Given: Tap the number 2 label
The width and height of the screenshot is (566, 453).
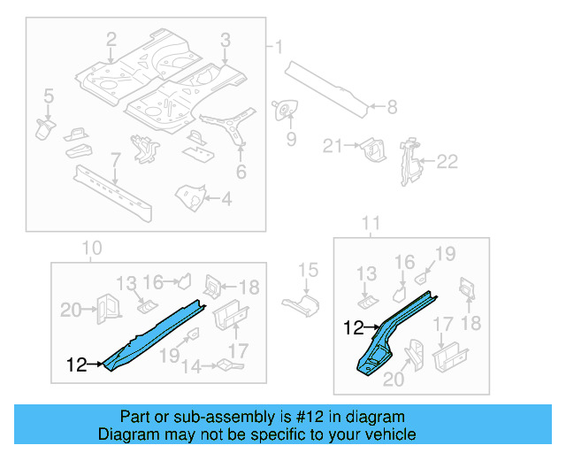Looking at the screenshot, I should (x=111, y=39).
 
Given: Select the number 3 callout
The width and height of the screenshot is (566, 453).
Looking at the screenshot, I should (x=226, y=39).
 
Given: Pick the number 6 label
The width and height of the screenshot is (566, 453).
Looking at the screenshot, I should (x=241, y=173).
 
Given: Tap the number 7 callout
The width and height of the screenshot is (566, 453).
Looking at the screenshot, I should (x=114, y=159).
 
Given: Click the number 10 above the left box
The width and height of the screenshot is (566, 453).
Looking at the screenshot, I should (x=92, y=249).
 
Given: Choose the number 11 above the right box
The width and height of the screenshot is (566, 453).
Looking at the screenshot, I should (x=372, y=222).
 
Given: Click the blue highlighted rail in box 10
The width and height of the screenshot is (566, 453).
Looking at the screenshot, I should (x=155, y=332).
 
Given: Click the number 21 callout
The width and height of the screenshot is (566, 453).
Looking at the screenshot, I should (x=333, y=146).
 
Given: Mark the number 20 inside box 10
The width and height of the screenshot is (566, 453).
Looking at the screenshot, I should (x=71, y=309).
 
